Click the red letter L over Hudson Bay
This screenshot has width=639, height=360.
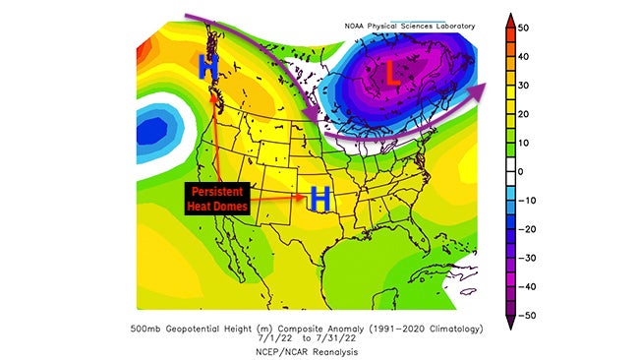click(391, 74)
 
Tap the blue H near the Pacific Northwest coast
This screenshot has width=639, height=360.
click(207, 67)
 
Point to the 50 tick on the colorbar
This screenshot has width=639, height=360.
click(540, 29)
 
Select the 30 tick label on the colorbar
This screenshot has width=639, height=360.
click(540, 86)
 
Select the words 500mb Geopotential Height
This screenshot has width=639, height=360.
click(193, 326)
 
